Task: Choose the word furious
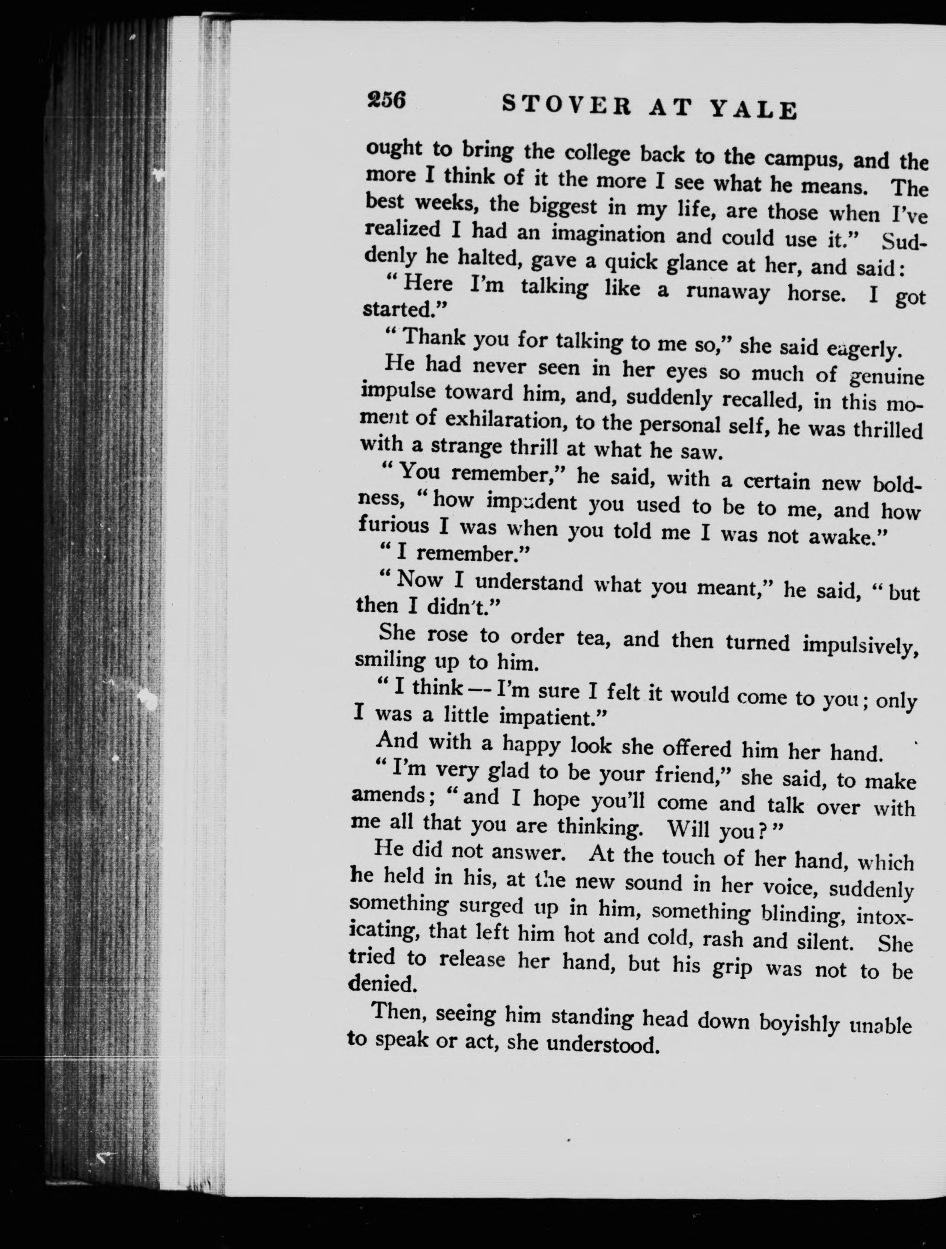tap(394, 525)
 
